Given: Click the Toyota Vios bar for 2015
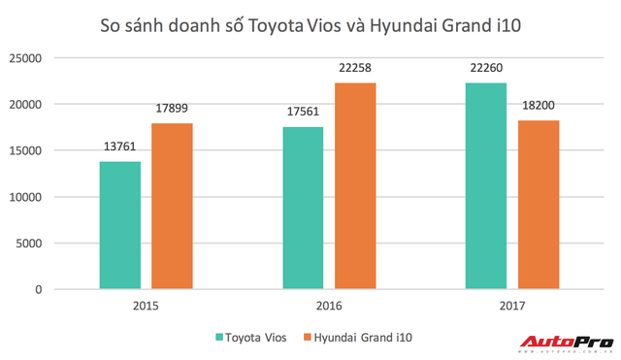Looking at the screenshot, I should (x=119, y=225).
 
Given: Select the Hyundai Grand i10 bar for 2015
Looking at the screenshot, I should (x=171, y=207).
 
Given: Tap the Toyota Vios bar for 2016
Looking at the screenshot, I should (x=303, y=208).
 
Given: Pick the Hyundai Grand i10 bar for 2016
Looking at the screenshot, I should (x=354, y=186).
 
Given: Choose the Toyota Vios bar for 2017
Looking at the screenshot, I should (x=485, y=186).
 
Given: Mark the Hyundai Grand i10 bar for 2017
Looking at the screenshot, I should (x=537, y=205).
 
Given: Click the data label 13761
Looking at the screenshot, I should (x=119, y=148).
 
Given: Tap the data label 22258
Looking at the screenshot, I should (x=354, y=70).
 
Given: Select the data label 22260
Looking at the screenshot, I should (x=485, y=70).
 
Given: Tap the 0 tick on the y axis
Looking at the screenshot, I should (x=64, y=290).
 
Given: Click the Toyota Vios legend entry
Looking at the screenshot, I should (x=250, y=337).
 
